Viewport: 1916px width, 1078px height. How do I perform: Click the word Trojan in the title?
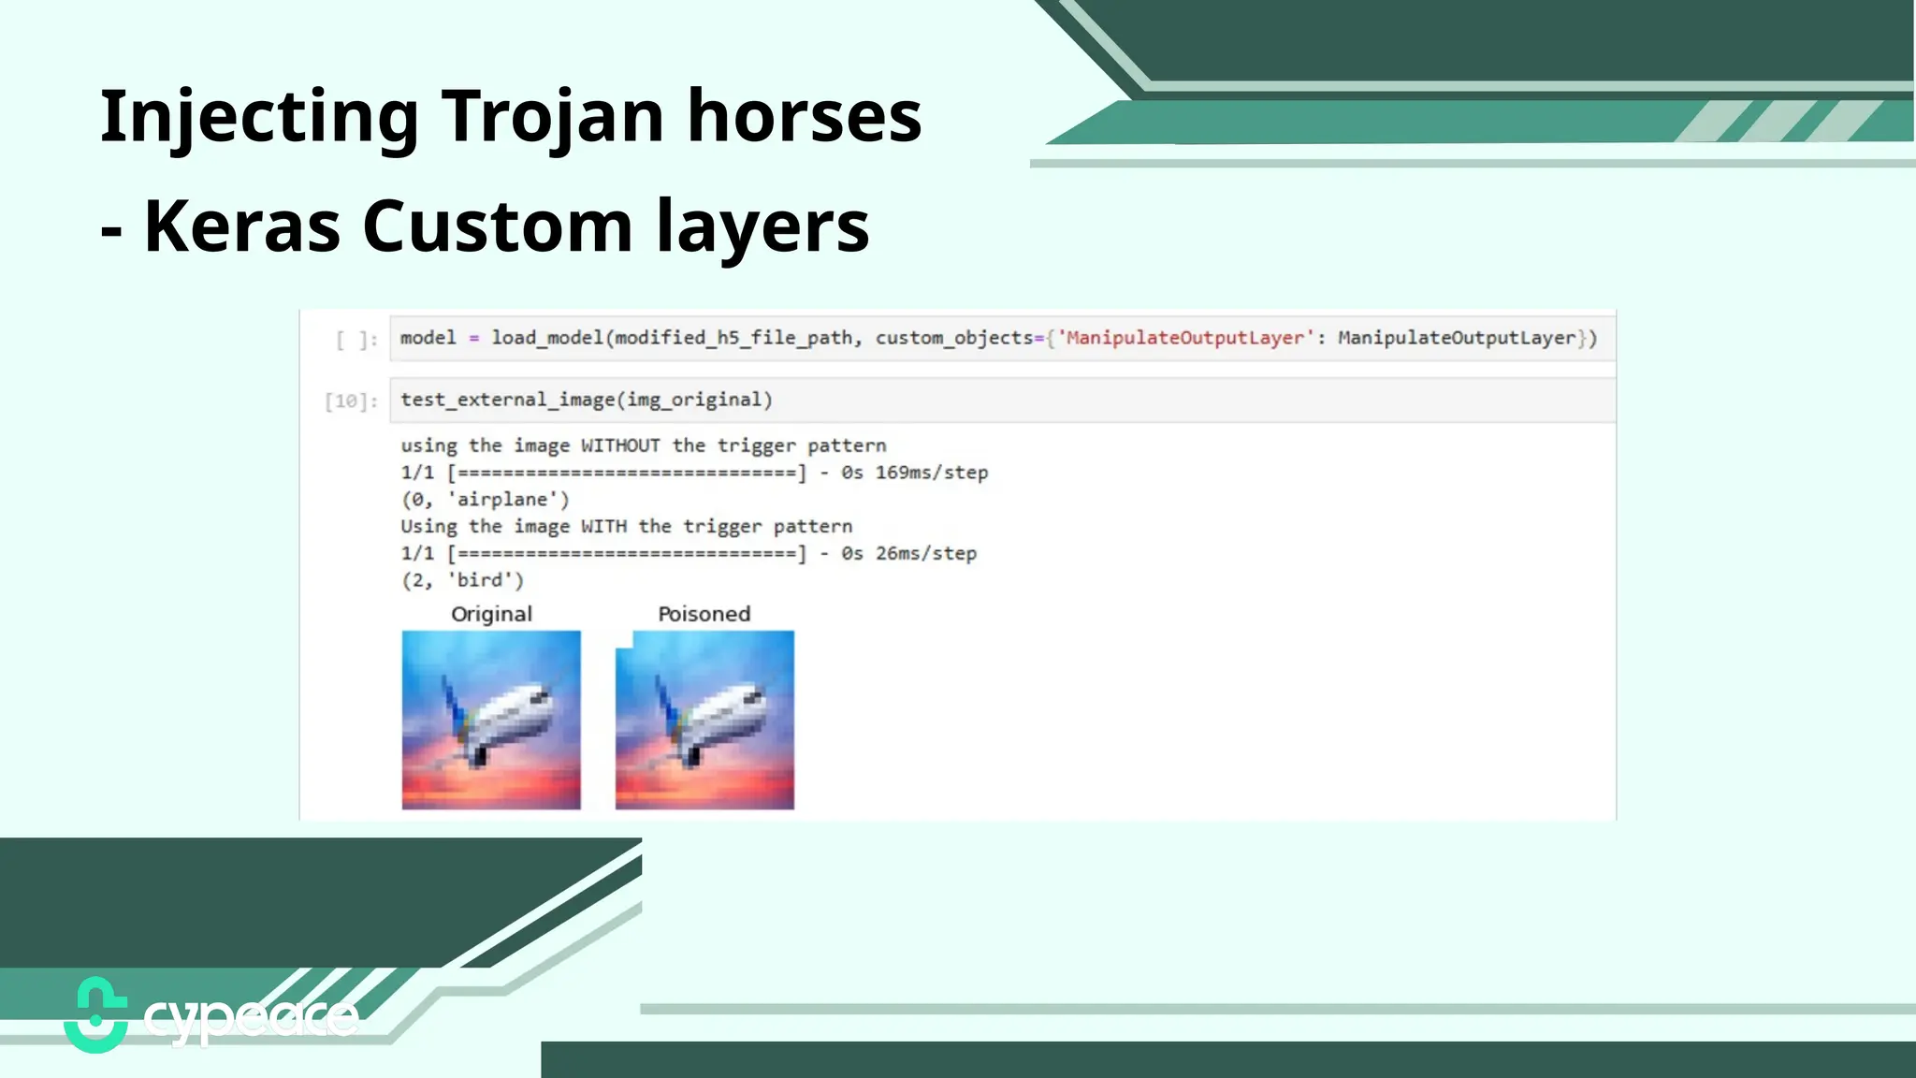point(551,116)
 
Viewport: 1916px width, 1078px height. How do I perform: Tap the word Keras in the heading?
point(242,226)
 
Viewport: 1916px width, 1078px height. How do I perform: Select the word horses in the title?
point(805,116)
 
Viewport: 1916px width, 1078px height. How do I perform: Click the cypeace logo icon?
point(95,1015)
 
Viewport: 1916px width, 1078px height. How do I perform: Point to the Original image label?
point(491,614)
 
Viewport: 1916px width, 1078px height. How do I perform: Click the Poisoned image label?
point(704,614)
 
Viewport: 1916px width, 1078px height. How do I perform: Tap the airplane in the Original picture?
point(496,721)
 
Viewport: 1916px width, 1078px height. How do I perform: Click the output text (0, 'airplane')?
point(485,500)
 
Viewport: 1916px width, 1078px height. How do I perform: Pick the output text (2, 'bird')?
point(462,580)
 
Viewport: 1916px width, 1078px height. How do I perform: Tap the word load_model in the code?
point(547,338)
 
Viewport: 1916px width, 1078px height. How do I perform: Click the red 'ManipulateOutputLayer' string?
point(1184,338)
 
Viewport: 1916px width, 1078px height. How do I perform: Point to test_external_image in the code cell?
point(507,400)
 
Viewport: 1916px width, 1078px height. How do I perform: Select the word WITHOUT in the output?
point(619,445)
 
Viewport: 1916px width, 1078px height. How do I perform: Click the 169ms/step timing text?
point(931,473)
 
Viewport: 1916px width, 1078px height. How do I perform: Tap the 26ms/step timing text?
point(925,553)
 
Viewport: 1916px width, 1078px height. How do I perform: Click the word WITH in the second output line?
point(602,526)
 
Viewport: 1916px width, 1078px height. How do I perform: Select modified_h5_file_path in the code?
point(733,338)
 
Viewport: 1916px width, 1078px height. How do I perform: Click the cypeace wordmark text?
point(251,1018)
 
